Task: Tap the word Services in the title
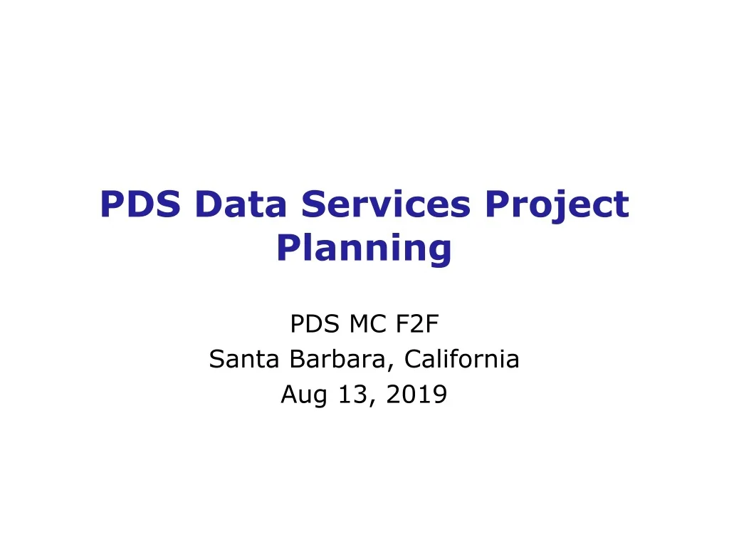tap(385, 204)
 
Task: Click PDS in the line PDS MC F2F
tap(313, 325)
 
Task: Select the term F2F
tap(416, 325)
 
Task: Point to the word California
tap(461, 360)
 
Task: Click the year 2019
tap(416, 394)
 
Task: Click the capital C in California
tap(412, 360)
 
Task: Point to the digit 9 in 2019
tap(440, 394)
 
